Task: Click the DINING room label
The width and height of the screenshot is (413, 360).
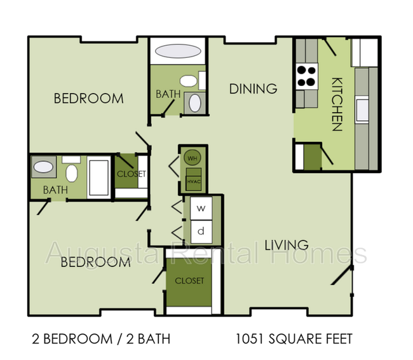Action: click(x=253, y=88)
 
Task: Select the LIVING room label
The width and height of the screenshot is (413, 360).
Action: click(x=287, y=245)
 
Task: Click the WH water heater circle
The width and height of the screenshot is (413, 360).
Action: click(x=191, y=158)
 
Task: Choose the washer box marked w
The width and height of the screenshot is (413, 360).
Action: click(x=201, y=208)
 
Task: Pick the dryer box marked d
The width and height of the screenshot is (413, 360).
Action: click(x=201, y=230)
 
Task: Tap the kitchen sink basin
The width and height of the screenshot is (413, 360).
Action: click(x=362, y=109)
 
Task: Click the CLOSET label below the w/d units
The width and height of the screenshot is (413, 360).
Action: click(x=189, y=280)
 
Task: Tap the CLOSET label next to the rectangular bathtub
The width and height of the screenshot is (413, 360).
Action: click(x=131, y=174)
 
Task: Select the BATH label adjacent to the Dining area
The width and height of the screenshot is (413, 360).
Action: click(x=168, y=94)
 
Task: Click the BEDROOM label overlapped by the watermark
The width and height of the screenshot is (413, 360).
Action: click(x=95, y=262)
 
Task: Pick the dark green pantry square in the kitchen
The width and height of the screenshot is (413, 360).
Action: click(x=312, y=157)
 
